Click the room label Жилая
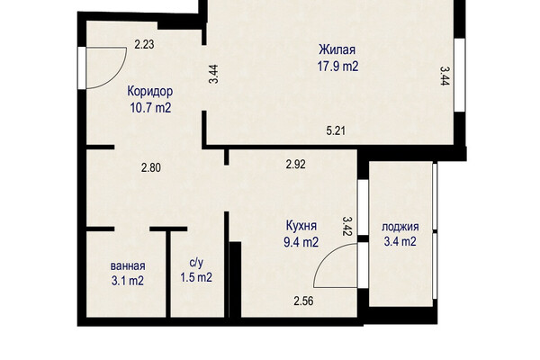(337, 50)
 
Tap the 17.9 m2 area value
(337, 66)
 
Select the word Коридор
(150, 92)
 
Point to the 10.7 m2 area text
(150, 108)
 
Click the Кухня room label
(301, 226)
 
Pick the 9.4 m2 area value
(301, 242)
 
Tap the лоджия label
(400, 227)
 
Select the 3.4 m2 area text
(400, 241)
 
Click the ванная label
(128, 266)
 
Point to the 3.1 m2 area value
(128, 281)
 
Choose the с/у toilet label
(196, 263)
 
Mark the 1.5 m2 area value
(196, 277)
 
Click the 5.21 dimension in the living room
(336, 130)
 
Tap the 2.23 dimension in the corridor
(144, 44)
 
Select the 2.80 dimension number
(151, 168)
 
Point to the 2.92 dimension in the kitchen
(296, 165)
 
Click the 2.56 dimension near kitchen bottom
(304, 301)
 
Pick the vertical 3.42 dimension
(347, 226)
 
